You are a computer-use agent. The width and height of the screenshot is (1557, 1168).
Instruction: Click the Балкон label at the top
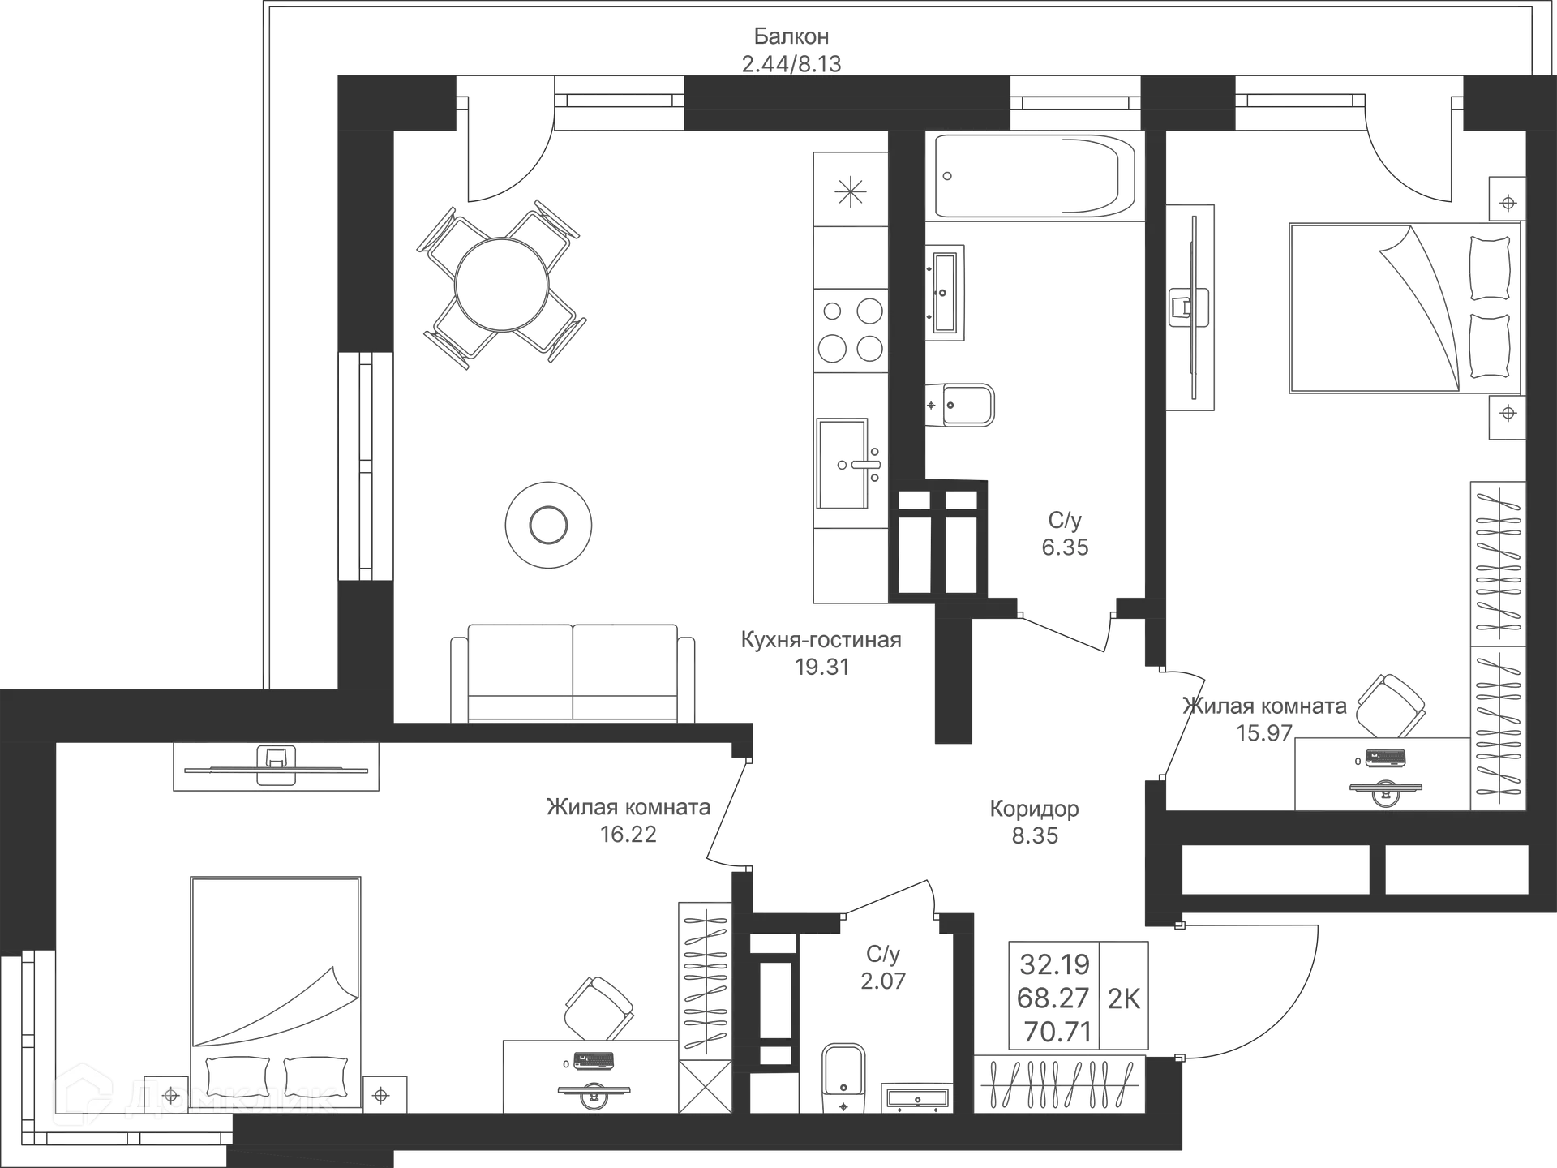791,36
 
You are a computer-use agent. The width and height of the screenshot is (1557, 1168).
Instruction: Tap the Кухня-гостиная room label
821,639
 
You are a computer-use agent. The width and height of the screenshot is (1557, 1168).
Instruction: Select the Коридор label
1034,809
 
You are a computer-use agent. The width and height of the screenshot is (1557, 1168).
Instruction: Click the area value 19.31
821,667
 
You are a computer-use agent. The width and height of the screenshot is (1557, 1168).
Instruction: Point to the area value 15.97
1265,732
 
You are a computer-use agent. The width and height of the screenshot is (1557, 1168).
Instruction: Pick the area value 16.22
629,834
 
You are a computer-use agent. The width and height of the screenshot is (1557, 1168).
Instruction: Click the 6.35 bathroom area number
1064,547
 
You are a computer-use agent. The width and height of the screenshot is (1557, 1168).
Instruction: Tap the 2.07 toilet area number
881,980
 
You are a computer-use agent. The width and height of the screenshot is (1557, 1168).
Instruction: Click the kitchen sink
847,462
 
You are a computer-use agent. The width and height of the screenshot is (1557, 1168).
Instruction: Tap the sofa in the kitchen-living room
573,671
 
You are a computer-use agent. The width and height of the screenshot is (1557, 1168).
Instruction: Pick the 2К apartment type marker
1123,998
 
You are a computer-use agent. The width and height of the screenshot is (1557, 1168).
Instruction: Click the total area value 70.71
1053,1033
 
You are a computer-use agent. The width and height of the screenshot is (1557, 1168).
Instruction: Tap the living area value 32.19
1055,964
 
